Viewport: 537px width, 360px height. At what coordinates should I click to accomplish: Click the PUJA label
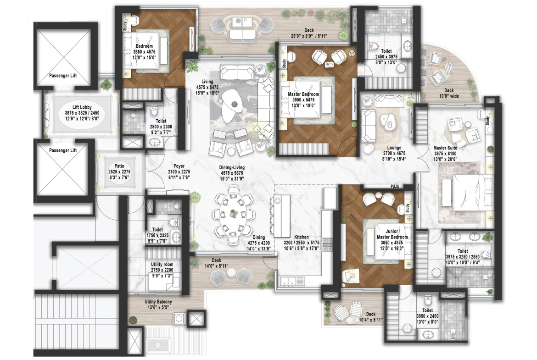(396, 187)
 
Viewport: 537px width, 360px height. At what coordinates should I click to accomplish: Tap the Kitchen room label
(302, 237)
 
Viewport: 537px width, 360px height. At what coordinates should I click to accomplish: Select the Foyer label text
(179, 166)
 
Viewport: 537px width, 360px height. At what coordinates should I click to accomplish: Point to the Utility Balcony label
(158, 302)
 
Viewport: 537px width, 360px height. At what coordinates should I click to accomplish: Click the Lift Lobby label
(82, 107)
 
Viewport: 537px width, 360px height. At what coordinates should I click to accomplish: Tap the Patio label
(119, 166)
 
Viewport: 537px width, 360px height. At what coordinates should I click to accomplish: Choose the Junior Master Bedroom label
(392, 234)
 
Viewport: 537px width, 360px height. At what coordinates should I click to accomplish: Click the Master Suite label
(445, 148)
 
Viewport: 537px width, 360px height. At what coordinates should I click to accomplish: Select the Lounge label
(394, 148)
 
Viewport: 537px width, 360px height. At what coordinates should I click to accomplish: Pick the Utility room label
(162, 264)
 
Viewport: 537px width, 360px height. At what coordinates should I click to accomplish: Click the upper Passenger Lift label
(63, 76)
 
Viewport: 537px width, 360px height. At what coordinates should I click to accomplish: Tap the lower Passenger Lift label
(63, 150)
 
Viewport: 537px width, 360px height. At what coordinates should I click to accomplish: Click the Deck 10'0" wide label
(449, 93)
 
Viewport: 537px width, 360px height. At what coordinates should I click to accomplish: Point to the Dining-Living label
(232, 167)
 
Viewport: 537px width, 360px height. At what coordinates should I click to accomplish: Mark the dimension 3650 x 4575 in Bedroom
(144, 52)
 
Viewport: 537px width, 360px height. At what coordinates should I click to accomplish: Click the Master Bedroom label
(303, 94)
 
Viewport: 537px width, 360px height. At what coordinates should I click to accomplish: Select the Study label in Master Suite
(487, 121)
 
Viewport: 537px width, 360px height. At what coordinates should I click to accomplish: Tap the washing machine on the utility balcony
(179, 319)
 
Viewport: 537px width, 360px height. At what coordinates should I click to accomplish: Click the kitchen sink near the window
(288, 281)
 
